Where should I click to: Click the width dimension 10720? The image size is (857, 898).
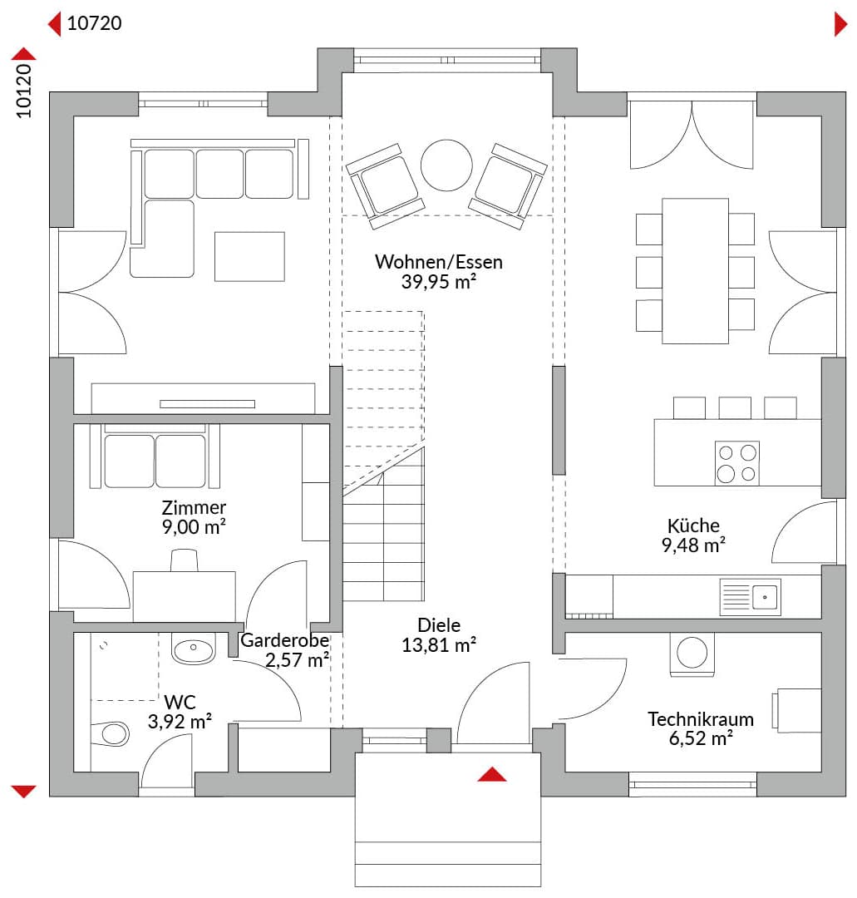point(95,23)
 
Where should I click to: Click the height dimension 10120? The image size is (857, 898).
point(23,91)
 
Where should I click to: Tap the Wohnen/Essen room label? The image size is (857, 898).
point(439,262)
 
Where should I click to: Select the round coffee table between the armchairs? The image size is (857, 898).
point(446,165)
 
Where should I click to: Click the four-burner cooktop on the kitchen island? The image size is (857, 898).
point(737,463)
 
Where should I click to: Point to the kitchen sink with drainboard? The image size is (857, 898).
point(750,597)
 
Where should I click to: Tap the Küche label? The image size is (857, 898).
point(693,525)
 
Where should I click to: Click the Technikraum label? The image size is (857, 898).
point(700,718)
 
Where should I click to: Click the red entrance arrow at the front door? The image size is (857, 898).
point(492,774)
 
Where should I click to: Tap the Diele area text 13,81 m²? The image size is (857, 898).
point(439,645)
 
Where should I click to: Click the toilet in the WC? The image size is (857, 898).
point(110,733)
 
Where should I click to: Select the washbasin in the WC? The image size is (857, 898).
point(194,649)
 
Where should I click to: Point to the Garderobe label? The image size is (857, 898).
point(284,640)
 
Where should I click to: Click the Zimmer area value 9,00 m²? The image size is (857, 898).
point(194,527)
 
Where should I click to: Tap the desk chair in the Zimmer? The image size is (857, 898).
point(185,560)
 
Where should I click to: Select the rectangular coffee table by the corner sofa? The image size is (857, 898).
point(249,257)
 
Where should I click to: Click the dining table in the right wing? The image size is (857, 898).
point(695,271)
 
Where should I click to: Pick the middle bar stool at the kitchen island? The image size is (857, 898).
point(735,407)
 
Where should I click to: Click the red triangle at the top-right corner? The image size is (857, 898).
point(840,25)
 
